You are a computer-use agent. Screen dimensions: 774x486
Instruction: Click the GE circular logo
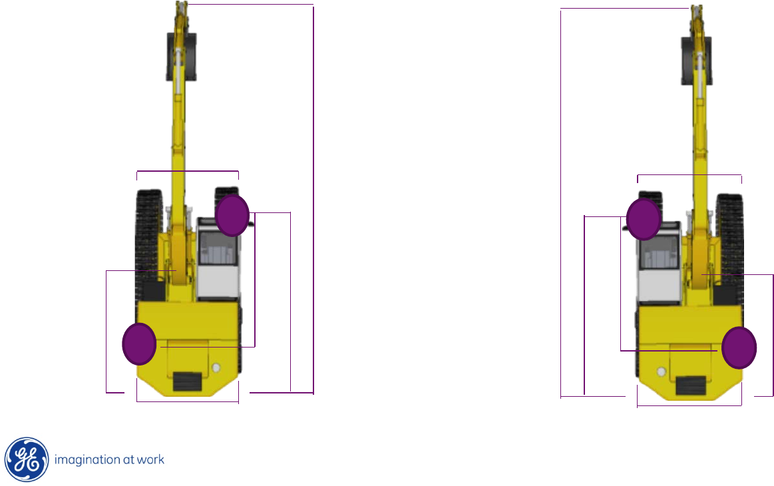coord(27,459)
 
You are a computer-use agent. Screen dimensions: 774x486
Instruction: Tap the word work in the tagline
coord(150,460)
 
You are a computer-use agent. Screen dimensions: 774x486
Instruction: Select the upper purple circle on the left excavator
coord(232,215)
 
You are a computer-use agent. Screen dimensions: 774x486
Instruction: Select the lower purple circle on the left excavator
coord(139,344)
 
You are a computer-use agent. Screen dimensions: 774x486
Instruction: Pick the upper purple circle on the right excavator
coord(644,219)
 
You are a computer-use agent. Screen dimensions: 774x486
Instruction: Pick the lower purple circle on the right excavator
coord(739,348)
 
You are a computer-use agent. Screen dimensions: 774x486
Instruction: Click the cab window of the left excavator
coord(217,248)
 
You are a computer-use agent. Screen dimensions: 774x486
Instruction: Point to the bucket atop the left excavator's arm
coord(181,57)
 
